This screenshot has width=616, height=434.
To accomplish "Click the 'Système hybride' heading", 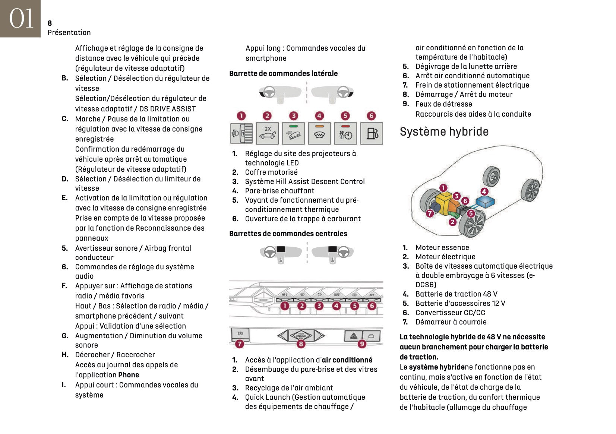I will click(444, 132).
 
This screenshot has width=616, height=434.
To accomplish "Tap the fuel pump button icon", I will click(372, 133).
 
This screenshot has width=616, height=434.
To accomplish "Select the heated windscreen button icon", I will click(319, 133).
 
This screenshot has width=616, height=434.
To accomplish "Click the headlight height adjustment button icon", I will click(241, 133).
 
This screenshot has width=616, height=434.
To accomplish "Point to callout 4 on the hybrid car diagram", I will click(484, 191).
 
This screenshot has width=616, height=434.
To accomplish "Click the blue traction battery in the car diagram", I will click(485, 202).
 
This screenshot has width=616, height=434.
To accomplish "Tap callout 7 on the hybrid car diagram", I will click(430, 213).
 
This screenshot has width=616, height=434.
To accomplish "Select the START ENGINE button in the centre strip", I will click(301, 335).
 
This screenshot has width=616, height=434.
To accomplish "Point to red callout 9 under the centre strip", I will click(362, 344).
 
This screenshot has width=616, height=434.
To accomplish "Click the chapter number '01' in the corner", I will click(20, 19).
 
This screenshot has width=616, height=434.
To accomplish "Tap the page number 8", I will click(50, 23).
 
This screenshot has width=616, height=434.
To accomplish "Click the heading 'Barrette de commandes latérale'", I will click(283, 73).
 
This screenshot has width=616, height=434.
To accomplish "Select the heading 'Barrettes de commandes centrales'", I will click(288, 234).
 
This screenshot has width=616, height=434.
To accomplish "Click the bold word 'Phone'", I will click(129, 375).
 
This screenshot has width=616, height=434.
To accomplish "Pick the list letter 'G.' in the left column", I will click(65, 336).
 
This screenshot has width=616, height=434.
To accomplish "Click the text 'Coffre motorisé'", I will click(271, 172).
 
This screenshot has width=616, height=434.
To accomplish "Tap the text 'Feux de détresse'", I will click(443, 104).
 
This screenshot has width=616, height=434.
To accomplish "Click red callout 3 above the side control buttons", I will click(294, 116).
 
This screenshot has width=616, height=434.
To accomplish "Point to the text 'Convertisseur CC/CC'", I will click(450, 313).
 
